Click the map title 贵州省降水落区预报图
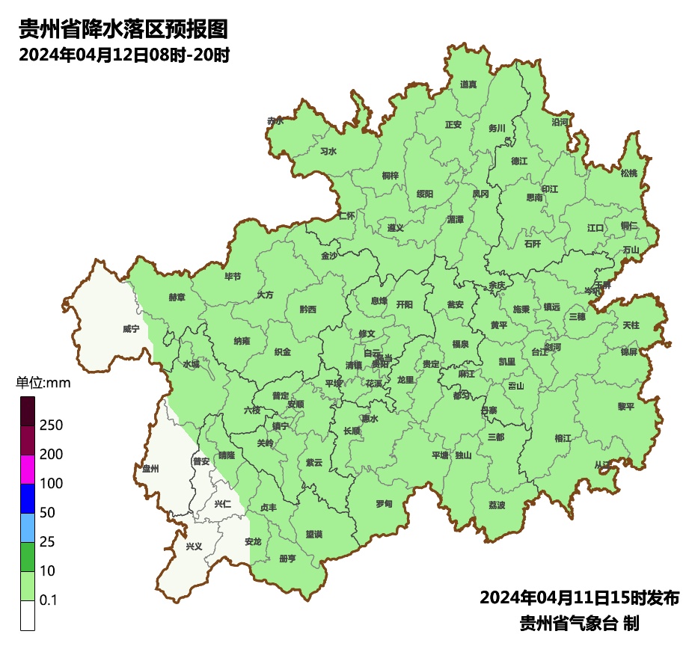pos(123,30)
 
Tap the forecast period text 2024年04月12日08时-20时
pos(123,55)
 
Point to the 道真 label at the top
pos(468,84)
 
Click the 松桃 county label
pos(629,173)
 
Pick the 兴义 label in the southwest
pos(194,547)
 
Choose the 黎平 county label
pos(625,407)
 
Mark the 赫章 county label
pos(177,297)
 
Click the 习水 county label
pos(328,151)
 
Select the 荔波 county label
pos(497,505)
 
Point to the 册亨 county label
pos(287,559)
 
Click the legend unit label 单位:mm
pos(43,384)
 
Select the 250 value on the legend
pos(51,425)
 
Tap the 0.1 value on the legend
pos(49,600)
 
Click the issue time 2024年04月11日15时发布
pos(579,598)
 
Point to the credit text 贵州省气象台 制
pos(579,623)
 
